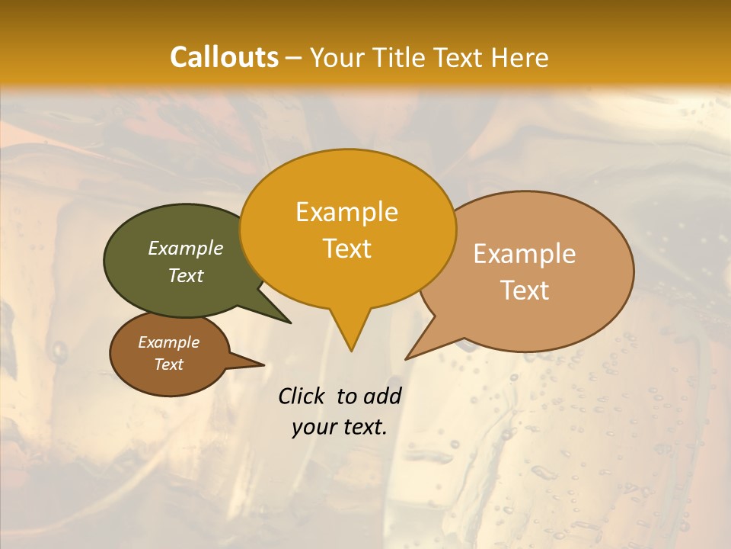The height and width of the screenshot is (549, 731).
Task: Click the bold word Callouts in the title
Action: [224, 57]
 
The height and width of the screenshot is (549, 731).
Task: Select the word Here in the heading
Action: [519, 57]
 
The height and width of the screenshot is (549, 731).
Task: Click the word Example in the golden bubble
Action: [346, 212]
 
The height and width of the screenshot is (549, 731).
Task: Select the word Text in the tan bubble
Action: [525, 291]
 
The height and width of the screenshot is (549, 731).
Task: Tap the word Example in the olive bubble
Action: [186, 249]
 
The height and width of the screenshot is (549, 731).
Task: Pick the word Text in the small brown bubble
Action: [169, 364]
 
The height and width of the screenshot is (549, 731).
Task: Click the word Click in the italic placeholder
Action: [302, 396]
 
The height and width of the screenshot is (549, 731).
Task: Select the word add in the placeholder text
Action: [382, 396]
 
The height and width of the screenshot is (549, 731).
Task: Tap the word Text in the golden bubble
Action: [347, 249]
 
